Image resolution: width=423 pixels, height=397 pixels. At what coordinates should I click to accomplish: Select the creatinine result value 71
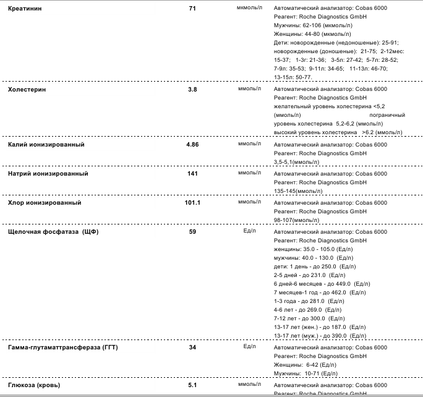[x=192, y=9]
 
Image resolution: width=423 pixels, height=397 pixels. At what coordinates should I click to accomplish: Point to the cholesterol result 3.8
[x=192, y=90]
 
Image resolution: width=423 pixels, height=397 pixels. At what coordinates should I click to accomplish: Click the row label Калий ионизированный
[x=46, y=144]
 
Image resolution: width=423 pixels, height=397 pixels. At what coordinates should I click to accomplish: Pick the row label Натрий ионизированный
[x=48, y=173]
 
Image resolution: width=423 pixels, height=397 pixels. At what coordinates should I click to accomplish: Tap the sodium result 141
[x=192, y=173]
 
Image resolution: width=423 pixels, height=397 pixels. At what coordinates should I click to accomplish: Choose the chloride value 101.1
[x=192, y=202]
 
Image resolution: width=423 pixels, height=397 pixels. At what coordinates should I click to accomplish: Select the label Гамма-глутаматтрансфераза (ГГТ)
[x=62, y=348]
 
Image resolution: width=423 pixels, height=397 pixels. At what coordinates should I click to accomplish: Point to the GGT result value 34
[x=192, y=348]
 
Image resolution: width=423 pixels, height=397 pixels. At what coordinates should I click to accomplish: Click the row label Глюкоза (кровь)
[x=35, y=385]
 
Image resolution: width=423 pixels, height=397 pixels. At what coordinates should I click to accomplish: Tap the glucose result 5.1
[x=192, y=385]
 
